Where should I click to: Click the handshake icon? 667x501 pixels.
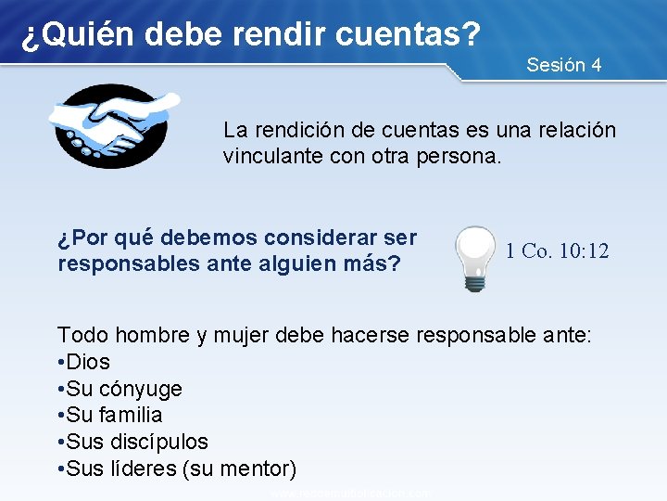110,126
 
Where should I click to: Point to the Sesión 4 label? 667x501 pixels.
563,65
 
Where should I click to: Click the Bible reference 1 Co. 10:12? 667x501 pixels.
557,250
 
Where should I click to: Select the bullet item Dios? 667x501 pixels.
88,362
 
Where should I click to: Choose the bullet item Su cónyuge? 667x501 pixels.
124,389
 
